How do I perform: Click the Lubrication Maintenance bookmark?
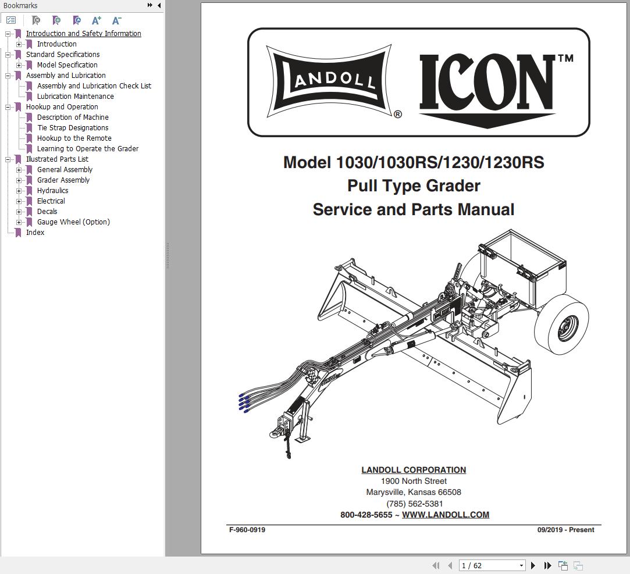pos(75,97)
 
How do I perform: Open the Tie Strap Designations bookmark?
pos(72,128)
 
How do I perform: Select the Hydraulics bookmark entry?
pos(52,191)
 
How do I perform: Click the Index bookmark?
pos(35,233)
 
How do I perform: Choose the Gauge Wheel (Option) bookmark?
pos(73,222)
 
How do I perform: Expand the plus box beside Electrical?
pos(19,201)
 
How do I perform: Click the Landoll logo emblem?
pos(329,80)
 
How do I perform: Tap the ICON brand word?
pos(487,83)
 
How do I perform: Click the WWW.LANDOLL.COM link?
pos(445,515)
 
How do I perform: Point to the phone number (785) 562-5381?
pos(414,504)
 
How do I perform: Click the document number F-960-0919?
pos(247,530)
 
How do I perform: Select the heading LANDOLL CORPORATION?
pos(414,470)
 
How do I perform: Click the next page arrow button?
pos(533,565)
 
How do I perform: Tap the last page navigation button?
pos(547,565)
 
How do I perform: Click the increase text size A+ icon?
pos(97,20)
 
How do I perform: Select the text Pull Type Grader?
pos(414,186)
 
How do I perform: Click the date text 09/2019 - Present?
pos(565,530)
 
